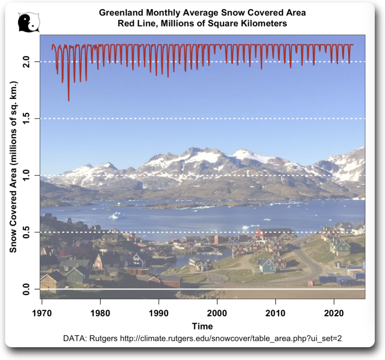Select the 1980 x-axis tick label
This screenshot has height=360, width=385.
[99, 312]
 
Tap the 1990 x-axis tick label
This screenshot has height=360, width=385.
[158, 312]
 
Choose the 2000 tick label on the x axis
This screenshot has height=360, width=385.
[217, 312]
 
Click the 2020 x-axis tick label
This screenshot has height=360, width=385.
[334, 312]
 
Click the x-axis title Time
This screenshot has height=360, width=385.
[202, 326]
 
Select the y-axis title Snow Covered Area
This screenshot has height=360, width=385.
[14, 167]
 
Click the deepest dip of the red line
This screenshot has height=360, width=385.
[68, 100]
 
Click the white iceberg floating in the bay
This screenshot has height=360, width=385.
[114, 216]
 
